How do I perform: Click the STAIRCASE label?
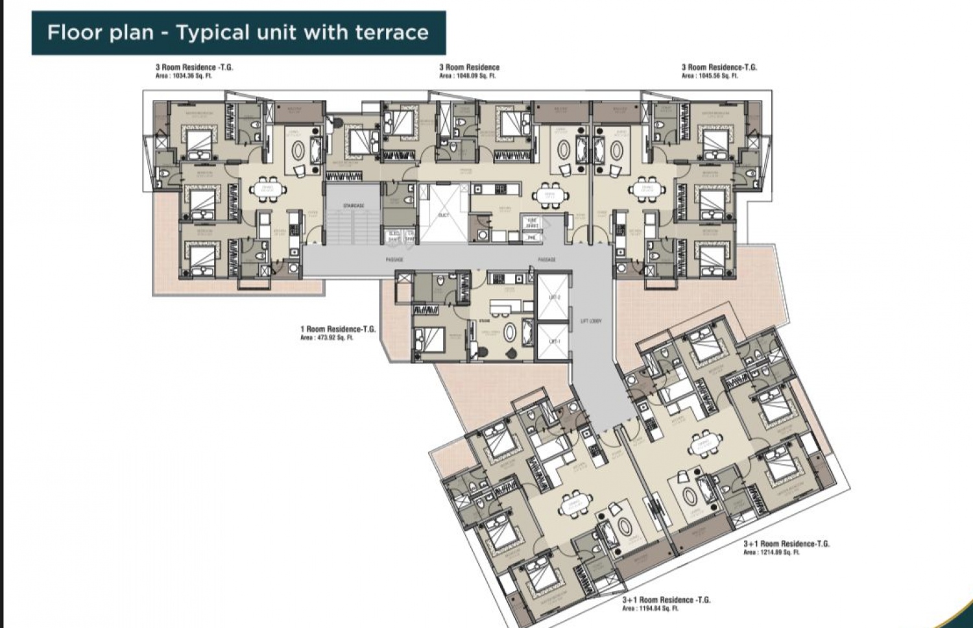(x=354, y=206)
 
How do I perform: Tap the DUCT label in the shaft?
(x=444, y=215)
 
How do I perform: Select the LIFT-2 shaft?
(x=554, y=297)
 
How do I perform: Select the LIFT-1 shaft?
(x=554, y=341)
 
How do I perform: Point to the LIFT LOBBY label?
(x=591, y=321)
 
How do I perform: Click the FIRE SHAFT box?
(x=532, y=222)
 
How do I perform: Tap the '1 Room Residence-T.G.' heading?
(x=337, y=329)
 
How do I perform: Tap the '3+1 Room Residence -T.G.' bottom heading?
(x=666, y=600)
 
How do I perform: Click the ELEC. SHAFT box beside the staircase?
(x=394, y=237)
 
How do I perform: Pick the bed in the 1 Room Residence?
(x=430, y=337)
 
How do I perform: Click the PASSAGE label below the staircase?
(x=394, y=260)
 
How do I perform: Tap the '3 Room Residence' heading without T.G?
(x=469, y=67)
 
